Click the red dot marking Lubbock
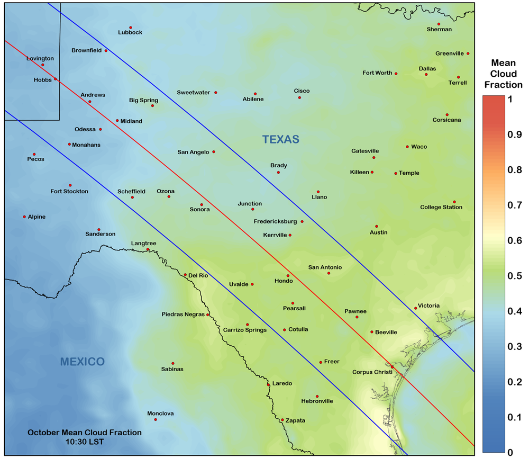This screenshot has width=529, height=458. (131, 28)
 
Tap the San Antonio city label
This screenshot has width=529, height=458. (325, 267)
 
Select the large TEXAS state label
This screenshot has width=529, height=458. (281, 140)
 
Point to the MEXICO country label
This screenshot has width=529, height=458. (82, 362)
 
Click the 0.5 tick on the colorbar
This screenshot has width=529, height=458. (510, 275)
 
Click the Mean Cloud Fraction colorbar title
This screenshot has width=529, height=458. (503, 74)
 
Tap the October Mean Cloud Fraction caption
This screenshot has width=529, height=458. (85, 436)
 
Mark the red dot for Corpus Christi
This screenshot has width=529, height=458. (392, 366)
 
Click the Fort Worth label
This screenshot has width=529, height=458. (377, 73)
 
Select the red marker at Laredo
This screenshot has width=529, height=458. (268, 384)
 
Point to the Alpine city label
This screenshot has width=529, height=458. (37, 217)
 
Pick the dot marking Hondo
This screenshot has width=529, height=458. (288, 275)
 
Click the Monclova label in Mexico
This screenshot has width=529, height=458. (161, 414)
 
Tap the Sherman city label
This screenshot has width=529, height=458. (439, 30)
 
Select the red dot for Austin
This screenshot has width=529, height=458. (377, 226)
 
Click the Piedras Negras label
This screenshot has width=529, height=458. (183, 315)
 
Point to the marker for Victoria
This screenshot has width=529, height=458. (416, 308)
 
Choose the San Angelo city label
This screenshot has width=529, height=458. (193, 152)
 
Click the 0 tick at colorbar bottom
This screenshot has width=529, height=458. (510, 452)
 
